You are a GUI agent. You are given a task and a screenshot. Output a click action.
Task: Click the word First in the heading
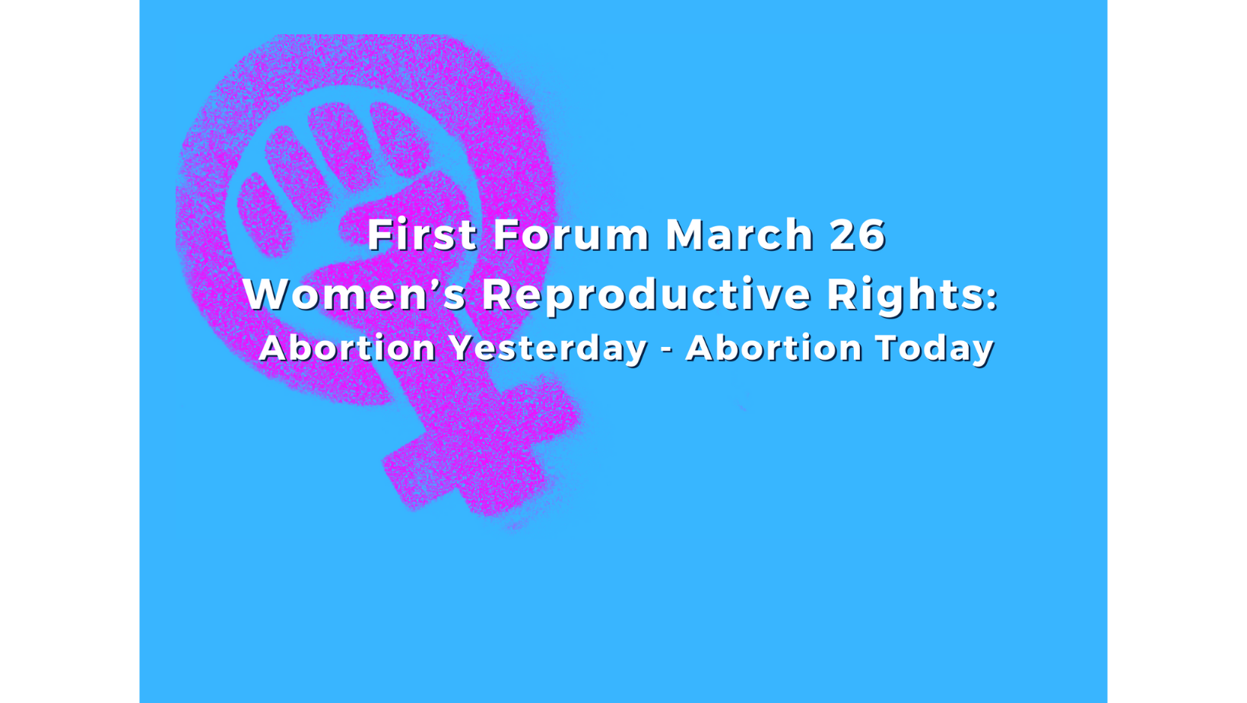[x=422, y=234]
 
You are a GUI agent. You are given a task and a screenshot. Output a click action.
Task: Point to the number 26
[x=858, y=234]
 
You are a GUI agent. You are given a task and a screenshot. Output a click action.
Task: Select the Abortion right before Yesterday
[x=347, y=348]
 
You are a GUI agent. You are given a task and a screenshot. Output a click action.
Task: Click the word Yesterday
[x=548, y=348]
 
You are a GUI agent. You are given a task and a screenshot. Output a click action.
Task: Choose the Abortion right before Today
[x=774, y=348]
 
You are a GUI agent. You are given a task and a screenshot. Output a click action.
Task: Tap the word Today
[x=934, y=348]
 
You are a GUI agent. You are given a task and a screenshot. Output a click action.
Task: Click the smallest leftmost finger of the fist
[x=264, y=215]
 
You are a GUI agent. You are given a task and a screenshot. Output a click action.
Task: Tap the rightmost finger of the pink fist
[x=399, y=138]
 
